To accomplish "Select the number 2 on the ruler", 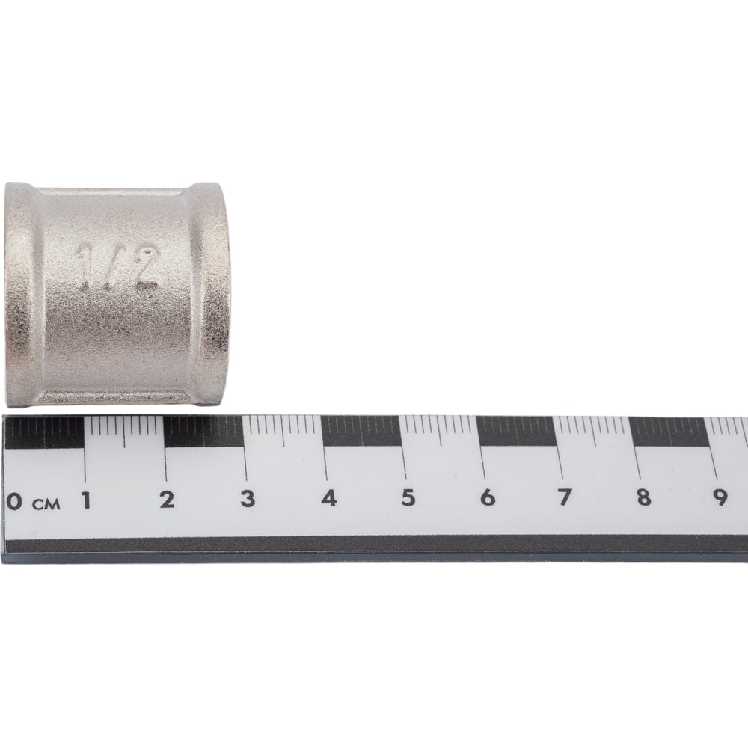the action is (x=167, y=500).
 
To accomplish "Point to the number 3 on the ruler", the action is (x=248, y=498).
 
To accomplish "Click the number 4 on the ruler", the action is (x=328, y=498).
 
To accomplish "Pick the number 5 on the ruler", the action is (x=408, y=497).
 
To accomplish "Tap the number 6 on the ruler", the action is (x=488, y=497).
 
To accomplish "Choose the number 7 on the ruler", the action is (x=564, y=497).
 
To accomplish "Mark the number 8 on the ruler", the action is (x=643, y=497).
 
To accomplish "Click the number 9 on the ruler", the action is (x=720, y=497).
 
